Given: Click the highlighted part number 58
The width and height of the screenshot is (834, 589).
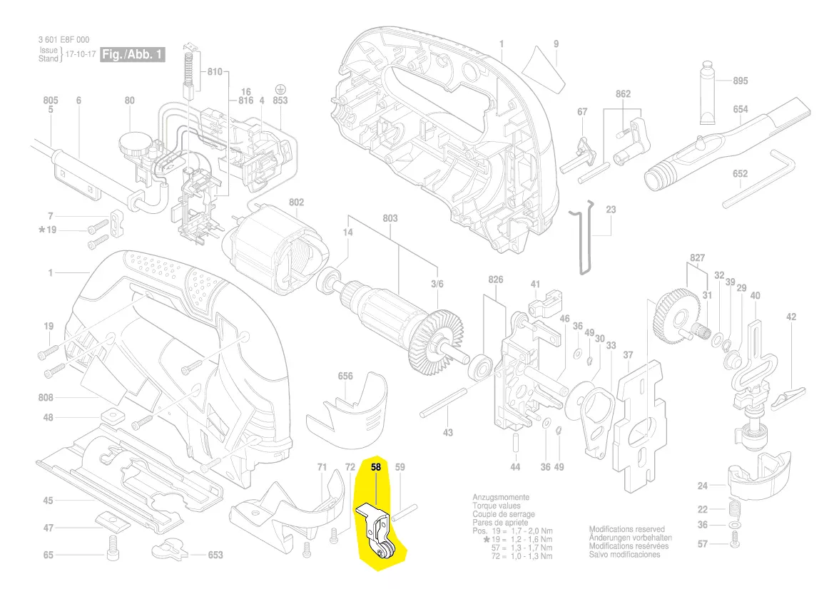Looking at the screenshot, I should [x=377, y=468].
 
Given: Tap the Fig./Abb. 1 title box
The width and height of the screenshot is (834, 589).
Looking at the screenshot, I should [x=133, y=54].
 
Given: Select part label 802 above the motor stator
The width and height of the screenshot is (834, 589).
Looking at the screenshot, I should [x=296, y=203].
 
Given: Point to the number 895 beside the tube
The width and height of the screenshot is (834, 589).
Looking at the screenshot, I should [x=741, y=81].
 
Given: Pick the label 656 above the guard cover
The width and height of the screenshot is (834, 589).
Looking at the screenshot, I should [x=345, y=376].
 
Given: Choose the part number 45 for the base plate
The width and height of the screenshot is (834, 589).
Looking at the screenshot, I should [x=48, y=501].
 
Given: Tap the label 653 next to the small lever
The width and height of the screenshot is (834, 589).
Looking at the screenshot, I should [x=215, y=555].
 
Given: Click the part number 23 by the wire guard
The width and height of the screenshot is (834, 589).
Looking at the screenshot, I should [x=611, y=210].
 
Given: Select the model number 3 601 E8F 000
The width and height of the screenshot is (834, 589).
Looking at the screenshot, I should [x=64, y=40].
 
